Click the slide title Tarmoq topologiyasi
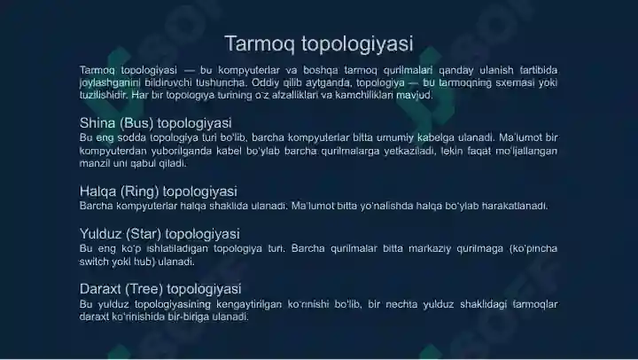coord(318,43)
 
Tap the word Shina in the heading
coord(97,123)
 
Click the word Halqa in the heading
coord(97,191)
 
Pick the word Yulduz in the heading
coord(101,234)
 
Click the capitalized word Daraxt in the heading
coord(101,289)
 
